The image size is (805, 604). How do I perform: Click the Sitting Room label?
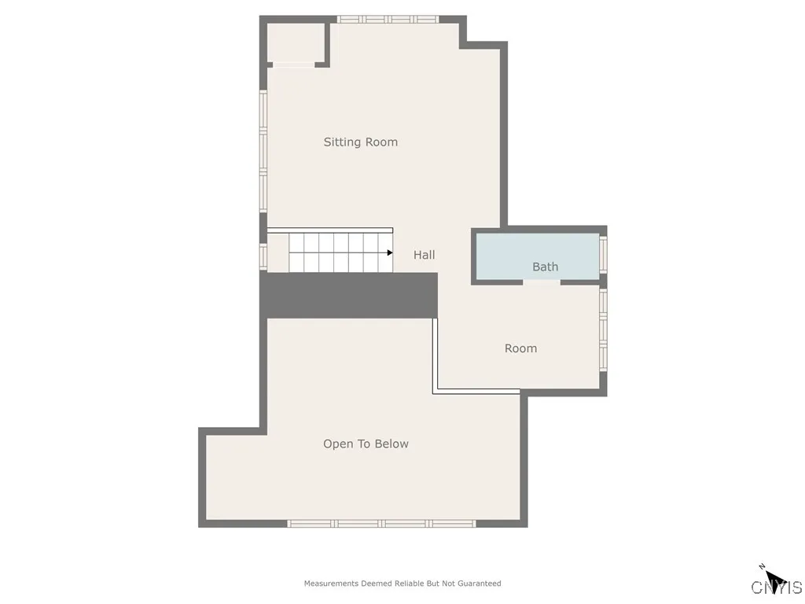tap(360, 142)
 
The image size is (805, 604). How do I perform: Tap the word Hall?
tap(424, 255)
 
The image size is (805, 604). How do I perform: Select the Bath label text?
tap(545, 267)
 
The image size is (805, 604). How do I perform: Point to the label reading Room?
tap(520, 348)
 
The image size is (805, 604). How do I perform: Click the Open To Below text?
tap(366, 444)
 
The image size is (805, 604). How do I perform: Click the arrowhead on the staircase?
tap(389, 252)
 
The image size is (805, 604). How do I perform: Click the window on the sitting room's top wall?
tap(388, 19)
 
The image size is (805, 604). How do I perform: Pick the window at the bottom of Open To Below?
tap(381, 523)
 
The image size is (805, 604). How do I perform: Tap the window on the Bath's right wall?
tap(603, 253)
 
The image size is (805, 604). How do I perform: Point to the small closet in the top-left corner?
tap(295, 42)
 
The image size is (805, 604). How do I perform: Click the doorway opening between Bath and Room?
tap(541, 282)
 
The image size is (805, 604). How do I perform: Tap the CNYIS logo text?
tap(777, 587)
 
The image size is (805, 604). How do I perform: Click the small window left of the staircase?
tap(263, 256)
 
